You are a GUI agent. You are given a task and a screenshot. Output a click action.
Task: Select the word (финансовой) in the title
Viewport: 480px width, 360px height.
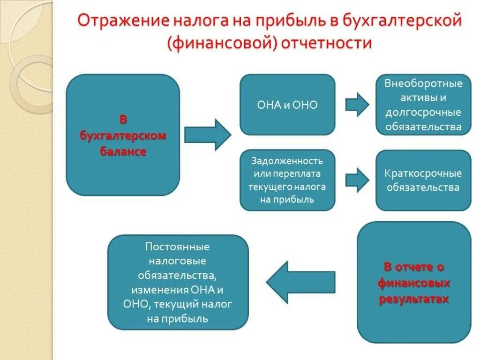(220, 43)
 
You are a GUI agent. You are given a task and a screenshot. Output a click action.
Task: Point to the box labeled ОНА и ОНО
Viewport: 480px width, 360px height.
(287, 105)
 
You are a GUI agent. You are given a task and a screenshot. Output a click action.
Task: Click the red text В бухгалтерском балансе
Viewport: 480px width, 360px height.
(123, 136)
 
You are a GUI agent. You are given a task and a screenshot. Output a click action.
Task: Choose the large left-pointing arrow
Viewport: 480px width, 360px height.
(300, 281)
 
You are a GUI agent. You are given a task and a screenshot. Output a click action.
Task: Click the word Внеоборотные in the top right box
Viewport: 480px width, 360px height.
(423, 83)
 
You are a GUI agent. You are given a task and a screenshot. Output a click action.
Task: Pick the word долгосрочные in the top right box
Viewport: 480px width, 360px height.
(423, 112)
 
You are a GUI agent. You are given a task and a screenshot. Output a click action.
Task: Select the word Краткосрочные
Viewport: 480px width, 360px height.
(423, 173)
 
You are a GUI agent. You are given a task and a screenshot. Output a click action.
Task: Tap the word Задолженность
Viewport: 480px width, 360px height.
(287, 161)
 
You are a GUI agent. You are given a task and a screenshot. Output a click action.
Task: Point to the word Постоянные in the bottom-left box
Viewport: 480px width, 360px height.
(177, 247)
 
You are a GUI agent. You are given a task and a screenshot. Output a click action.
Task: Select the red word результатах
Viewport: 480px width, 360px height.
(414, 299)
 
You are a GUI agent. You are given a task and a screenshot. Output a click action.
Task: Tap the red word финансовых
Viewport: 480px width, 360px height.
(414, 283)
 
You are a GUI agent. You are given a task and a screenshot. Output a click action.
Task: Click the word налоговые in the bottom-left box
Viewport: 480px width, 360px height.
(177, 261)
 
